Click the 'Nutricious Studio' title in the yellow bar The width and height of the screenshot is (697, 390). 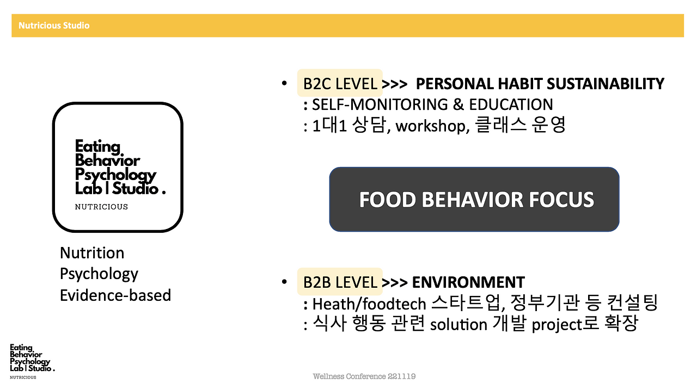click(x=54, y=26)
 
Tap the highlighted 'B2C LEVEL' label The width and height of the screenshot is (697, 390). click(x=340, y=83)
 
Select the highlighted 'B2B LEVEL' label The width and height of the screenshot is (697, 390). click(x=340, y=282)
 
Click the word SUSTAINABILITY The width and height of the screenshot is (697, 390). click(x=605, y=84)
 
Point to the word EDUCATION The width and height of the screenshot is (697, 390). click(x=511, y=104)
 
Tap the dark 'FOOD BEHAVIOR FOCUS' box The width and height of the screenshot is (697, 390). click(x=474, y=199)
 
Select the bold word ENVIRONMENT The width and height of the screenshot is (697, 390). click(x=468, y=282)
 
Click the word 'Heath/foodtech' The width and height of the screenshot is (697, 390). click(x=369, y=304)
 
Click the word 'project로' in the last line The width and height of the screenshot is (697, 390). click(x=565, y=324)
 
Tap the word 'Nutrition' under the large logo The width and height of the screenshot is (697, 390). click(x=92, y=252)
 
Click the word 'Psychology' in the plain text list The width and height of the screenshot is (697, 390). click(x=99, y=274)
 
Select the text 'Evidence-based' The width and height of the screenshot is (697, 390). click(x=115, y=295)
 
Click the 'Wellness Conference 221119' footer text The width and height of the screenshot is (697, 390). click(x=364, y=376)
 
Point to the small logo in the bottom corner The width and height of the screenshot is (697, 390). click(x=32, y=361)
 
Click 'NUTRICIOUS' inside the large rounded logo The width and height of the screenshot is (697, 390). click(x=101, y=207)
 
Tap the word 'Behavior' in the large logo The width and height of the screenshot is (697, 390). click(x=107, y=160)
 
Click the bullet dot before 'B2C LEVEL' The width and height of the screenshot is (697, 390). click(x=284, y=83)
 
